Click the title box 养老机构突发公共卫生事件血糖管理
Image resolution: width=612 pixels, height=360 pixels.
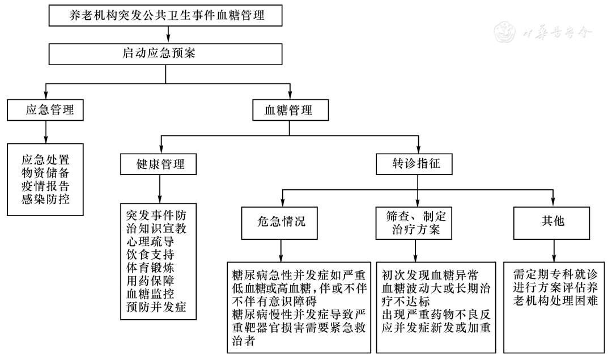pyautogui.click(x=165, y=16)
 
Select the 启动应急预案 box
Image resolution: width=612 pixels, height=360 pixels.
pyautogui.click(x=165, y=54)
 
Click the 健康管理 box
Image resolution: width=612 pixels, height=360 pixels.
pyautogui.click(x=160, y=164)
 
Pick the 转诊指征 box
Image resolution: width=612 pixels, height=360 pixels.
pyautogui.click(x=416, y=164)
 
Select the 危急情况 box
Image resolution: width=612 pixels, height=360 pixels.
pyautogui.click(x=281, y=221)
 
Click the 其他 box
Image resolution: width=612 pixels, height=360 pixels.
pyautogui.click(x=552, y=221)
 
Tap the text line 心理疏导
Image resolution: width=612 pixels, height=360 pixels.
pyautogui.click(x=150, y=242)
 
